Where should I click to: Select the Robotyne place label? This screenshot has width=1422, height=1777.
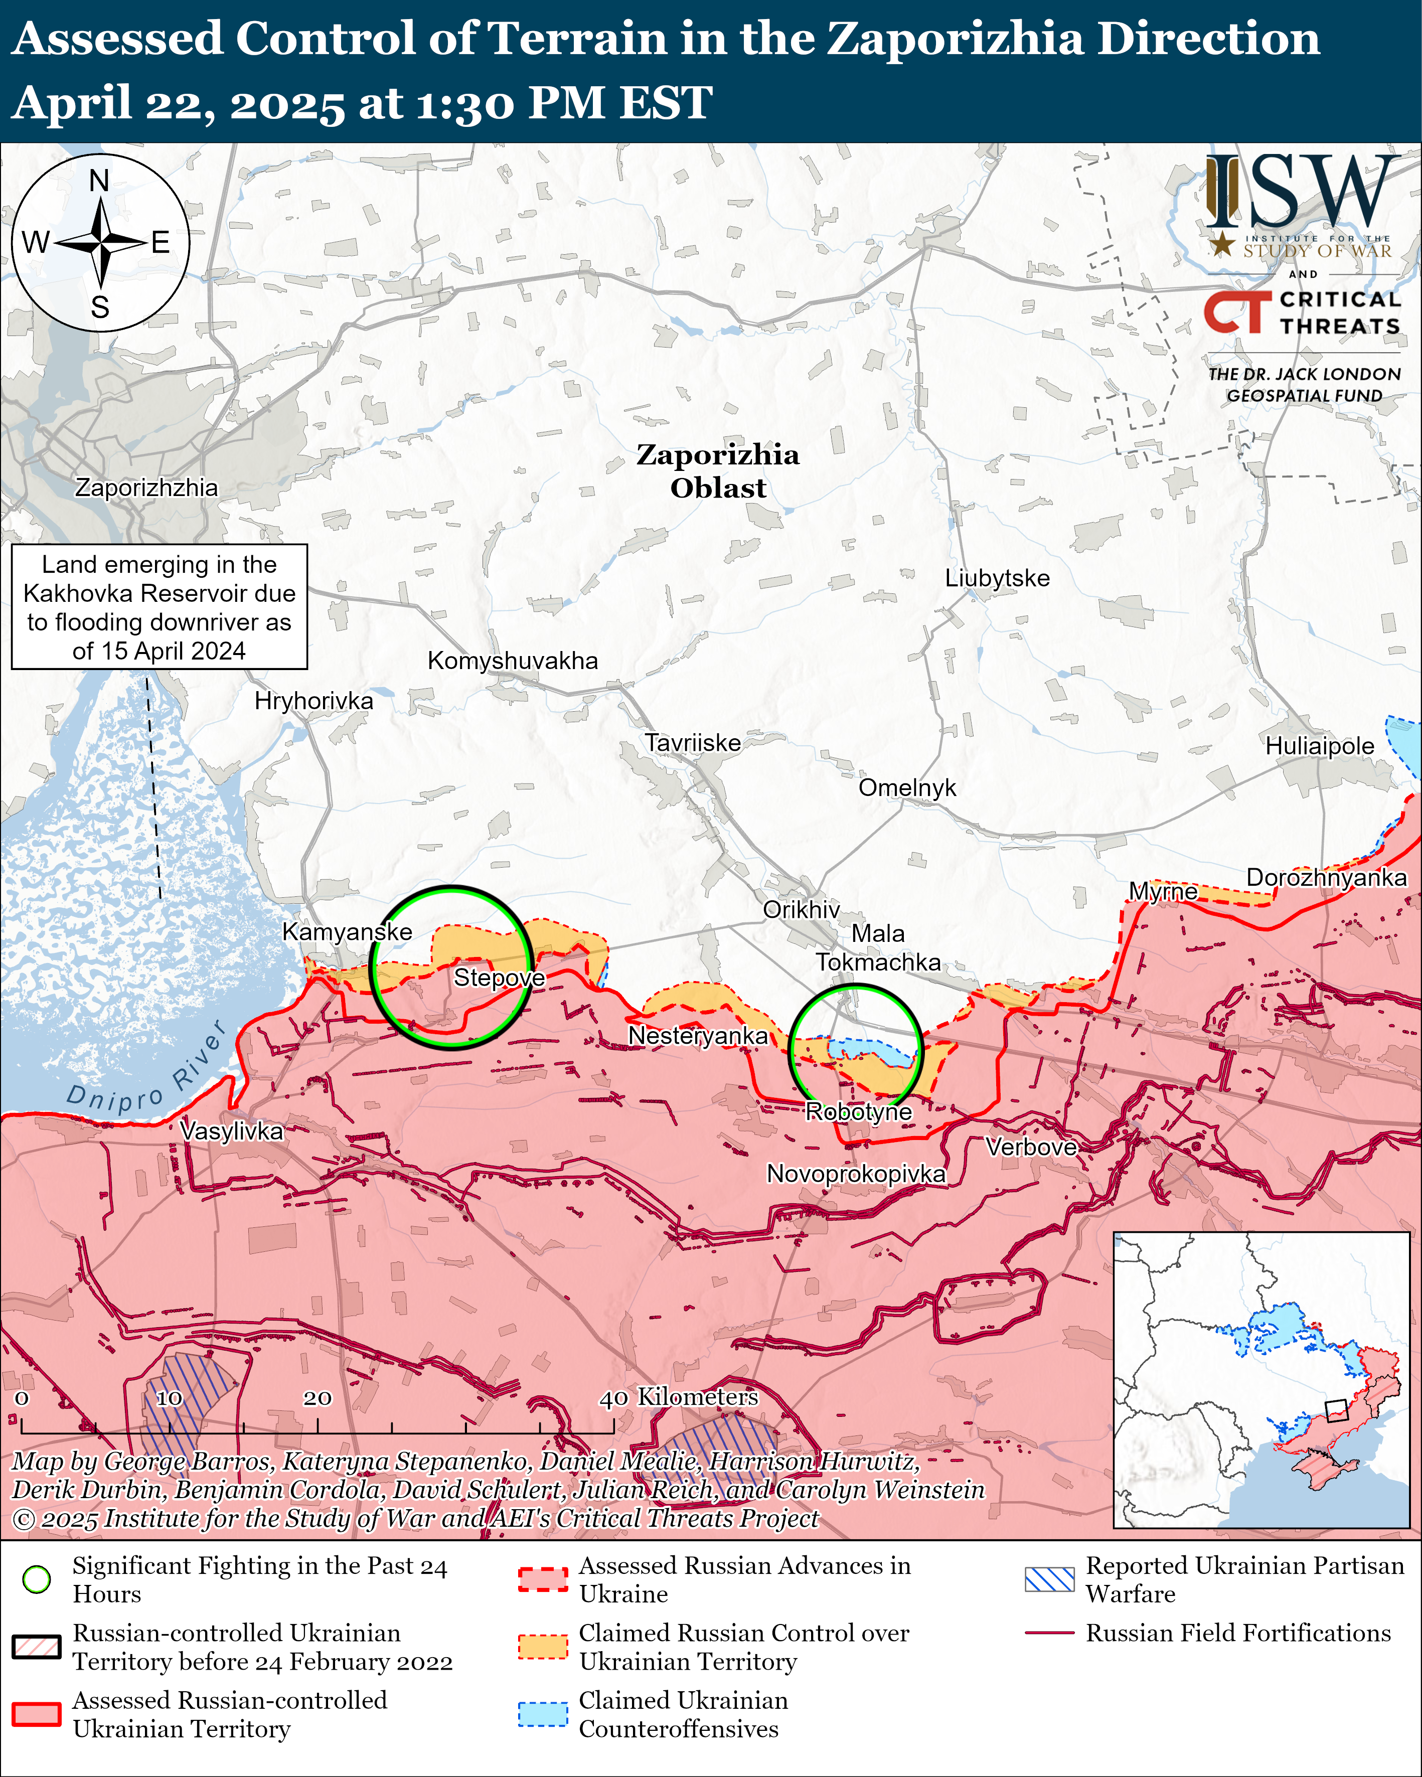coord(858,1112)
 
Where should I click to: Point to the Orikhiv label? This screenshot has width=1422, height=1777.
coord(801,909)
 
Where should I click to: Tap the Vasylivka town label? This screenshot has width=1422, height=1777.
coord(231,1131)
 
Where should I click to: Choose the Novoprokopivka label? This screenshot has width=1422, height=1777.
coord(856,1174)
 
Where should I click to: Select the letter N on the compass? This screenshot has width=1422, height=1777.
coord(99,181)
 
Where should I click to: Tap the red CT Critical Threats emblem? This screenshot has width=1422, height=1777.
coord(1236,311)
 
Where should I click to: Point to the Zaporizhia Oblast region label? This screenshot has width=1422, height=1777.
coord(717,470)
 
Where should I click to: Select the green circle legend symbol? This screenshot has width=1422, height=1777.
coord(36,1579)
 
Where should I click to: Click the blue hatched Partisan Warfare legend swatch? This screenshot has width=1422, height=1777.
coord(1049,1579)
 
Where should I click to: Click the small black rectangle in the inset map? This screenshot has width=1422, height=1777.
coord(1335,1410)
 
